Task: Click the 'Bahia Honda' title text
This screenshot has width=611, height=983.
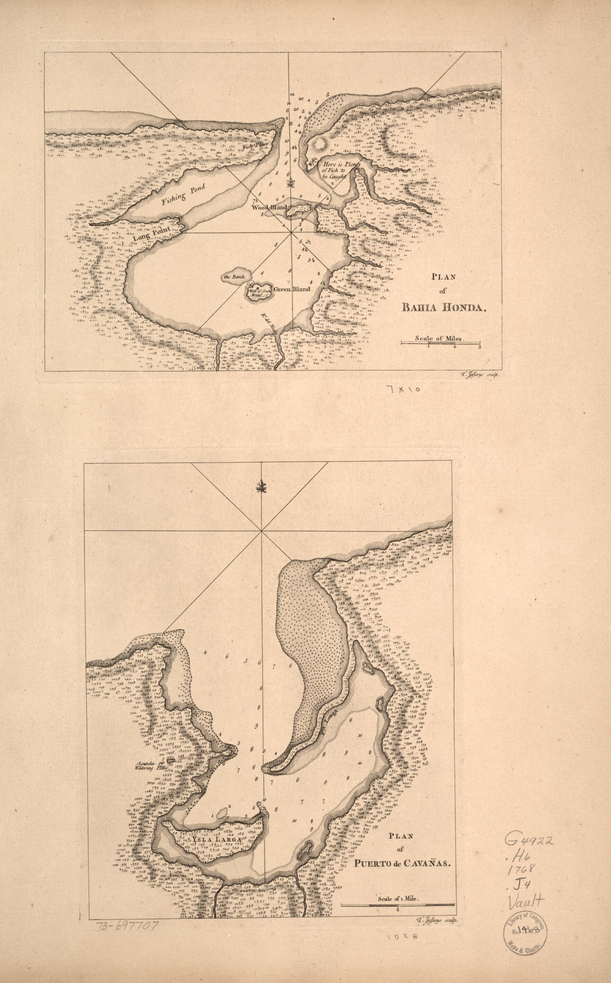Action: coord(443,307)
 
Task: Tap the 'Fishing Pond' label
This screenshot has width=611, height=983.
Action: coord(183,193)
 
